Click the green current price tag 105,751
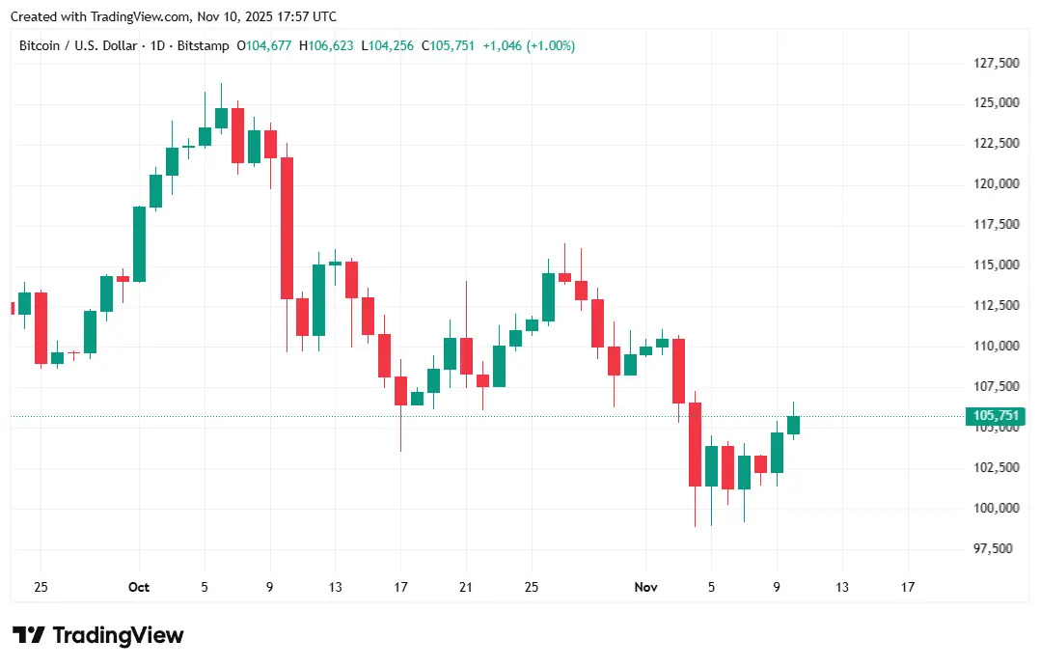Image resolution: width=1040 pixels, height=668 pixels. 995,416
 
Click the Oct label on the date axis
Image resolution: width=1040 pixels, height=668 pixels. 139,587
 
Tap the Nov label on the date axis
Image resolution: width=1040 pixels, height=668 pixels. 645,587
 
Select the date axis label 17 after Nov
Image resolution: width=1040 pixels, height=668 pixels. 907,587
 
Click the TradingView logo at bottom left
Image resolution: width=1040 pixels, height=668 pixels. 97,635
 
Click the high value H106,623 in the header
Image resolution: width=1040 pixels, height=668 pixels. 327,45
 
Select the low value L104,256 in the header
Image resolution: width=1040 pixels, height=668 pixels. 387,45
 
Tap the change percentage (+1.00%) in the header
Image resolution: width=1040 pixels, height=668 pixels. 550,45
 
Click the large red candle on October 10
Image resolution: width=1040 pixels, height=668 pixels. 287,228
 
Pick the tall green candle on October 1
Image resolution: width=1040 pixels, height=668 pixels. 139,244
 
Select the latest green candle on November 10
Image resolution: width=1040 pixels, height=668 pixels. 793,425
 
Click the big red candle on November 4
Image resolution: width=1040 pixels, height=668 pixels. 695,444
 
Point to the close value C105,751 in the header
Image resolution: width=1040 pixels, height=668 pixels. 447,45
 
